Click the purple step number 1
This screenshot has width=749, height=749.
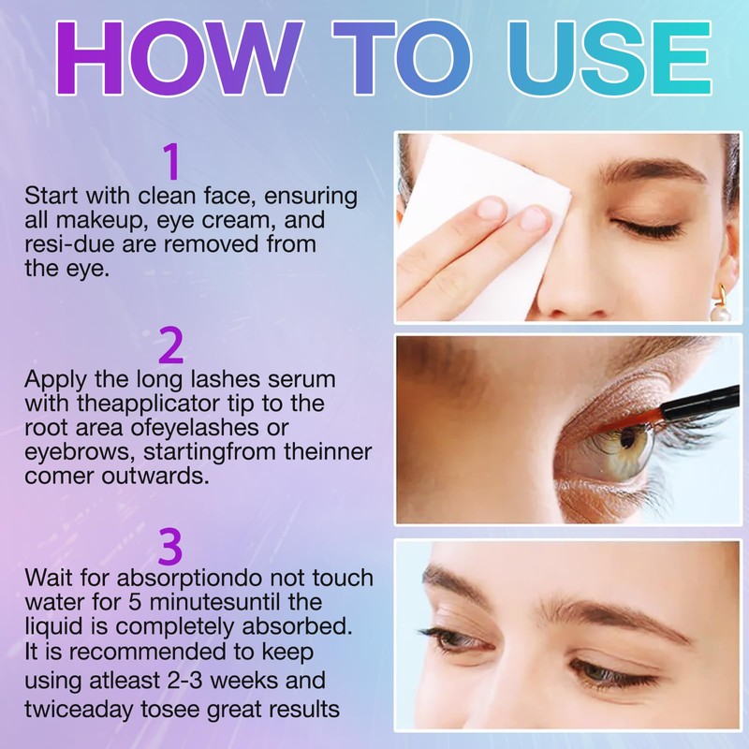pos(171,162)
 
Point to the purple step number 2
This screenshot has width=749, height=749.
pos(171,346)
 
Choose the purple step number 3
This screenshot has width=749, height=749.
pos(170,546)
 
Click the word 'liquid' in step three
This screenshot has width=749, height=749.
pos(51,625)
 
